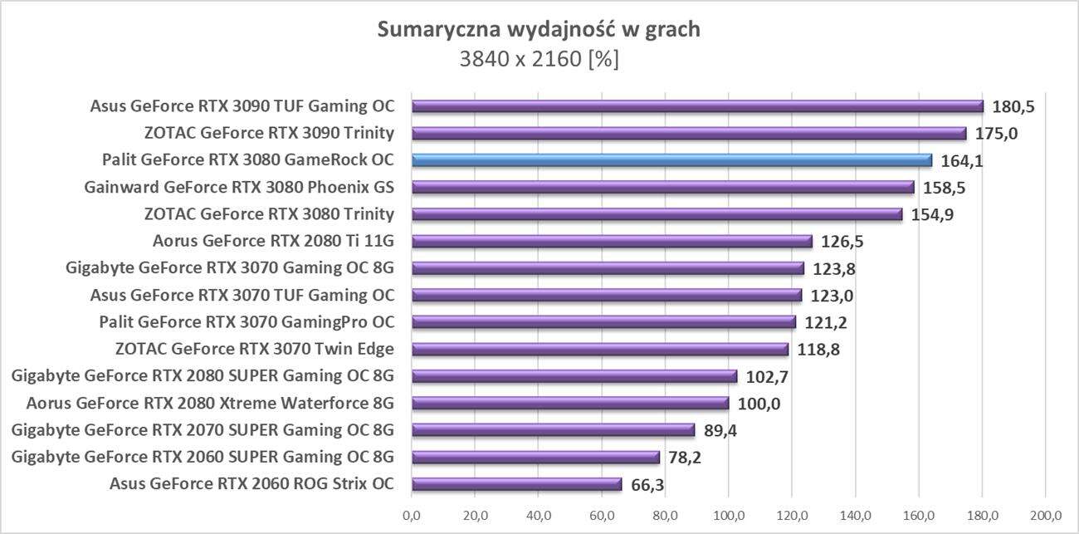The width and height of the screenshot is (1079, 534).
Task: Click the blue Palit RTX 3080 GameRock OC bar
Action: click(x=672, y=160)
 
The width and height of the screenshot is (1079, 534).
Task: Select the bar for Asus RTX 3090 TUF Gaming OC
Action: click(x=697, y=106)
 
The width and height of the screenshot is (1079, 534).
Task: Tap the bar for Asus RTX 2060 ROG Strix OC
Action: click(x=516, y=484)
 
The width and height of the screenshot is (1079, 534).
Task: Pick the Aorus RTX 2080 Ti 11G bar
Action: click(x=612, y=242)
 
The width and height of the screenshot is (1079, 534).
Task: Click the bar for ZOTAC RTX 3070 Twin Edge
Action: click(x=599, y=350)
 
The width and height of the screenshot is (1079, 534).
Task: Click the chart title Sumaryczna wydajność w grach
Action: click(x=539, y=30)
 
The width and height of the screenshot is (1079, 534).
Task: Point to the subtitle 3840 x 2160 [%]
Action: click(x=539, y=60)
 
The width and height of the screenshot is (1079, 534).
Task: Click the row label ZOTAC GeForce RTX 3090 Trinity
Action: click(x=269, y=133)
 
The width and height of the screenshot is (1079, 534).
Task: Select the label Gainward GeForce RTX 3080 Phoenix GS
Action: click(x=239, y=187)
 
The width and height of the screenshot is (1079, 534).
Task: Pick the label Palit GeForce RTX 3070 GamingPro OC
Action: click(x=247, y=322)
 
